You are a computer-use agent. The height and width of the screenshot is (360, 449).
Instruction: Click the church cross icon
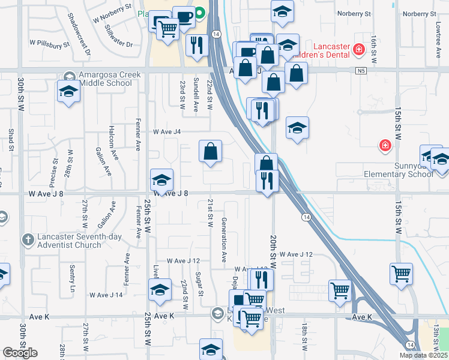(x=28, y=240)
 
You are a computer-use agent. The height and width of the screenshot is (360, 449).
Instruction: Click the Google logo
(x=20, y=353)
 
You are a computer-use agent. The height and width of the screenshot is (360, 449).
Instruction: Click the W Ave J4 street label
(x=167, y=131)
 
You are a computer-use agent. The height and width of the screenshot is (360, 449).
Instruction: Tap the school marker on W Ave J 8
(x=161, y=179)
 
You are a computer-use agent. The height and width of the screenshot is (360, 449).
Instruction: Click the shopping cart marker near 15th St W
(x=401, y=274)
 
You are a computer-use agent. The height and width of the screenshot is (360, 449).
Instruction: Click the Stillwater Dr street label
(x=118, y=35)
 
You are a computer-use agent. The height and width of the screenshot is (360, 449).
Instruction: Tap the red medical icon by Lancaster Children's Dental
(x=359, y=49)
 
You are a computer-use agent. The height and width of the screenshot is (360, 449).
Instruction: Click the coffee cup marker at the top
(x=184, y=17)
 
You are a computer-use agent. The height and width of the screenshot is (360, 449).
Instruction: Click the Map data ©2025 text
(x=423, y=355)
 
